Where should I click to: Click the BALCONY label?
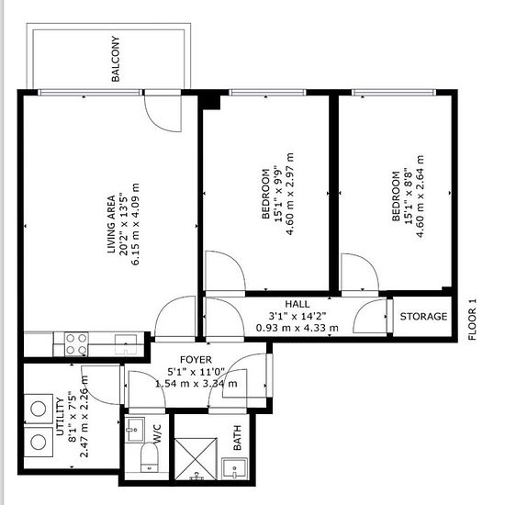(x=116, y=59)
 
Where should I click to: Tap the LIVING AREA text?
(x=111, y=224)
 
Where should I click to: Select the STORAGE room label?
(x=423, y=316)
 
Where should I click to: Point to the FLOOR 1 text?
(x=472, y=320)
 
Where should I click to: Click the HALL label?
(x=297, y=304)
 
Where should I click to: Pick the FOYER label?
(x=196, y=359)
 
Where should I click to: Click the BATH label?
(x=237, y=438)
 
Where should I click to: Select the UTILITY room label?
(x=61, y=417)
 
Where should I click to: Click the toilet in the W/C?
(x=150, y=457)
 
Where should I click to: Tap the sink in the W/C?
(x=135, y=430)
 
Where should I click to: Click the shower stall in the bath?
(x=196, y=459)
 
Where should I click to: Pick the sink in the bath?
(x=235, y=468)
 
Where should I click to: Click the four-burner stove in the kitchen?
(x=76, y=344)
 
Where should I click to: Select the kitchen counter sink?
(x=126, y=344)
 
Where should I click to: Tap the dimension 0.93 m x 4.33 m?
(x=297, y=328)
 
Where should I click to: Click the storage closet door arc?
(x=363, y=311)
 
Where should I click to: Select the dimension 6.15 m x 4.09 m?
(x=136, y=224)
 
